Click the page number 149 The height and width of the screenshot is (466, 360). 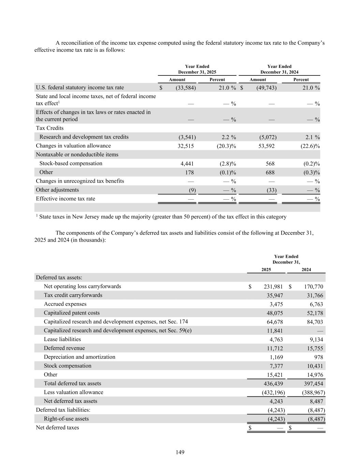180,452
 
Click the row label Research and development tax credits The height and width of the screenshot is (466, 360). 84,137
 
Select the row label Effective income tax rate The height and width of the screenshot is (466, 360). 66,199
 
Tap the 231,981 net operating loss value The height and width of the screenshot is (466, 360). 273,287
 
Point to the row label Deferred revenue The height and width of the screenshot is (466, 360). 64,348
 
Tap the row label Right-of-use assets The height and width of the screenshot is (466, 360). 66,419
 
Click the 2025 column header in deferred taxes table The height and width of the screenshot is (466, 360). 266,270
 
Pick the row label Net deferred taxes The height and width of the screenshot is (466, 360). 57,428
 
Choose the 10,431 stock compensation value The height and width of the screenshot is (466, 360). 315,366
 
